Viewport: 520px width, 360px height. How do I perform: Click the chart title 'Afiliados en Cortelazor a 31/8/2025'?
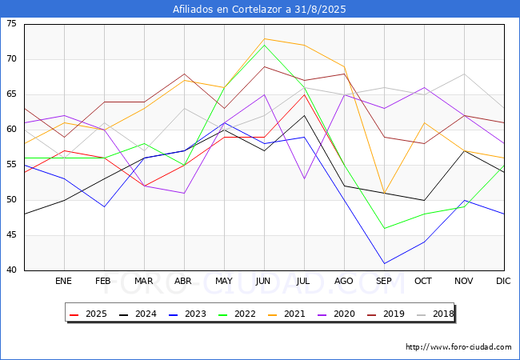(x=260, y=9)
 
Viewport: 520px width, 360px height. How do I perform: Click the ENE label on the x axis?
(x=64, y=282)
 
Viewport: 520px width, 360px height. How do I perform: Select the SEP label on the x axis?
(x=384, y=282)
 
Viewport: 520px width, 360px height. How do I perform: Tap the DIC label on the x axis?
(x=503, y=282)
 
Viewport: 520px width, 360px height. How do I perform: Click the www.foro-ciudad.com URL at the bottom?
(x=458, y=347)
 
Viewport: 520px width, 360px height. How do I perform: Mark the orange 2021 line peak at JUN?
(x=264, y=38)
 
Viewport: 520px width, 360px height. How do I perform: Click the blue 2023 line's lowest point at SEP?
(x=384, y=263)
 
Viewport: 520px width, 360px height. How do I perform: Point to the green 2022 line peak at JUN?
(x=264, y=45)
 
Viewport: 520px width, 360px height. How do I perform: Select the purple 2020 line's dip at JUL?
(x=304, y=178)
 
